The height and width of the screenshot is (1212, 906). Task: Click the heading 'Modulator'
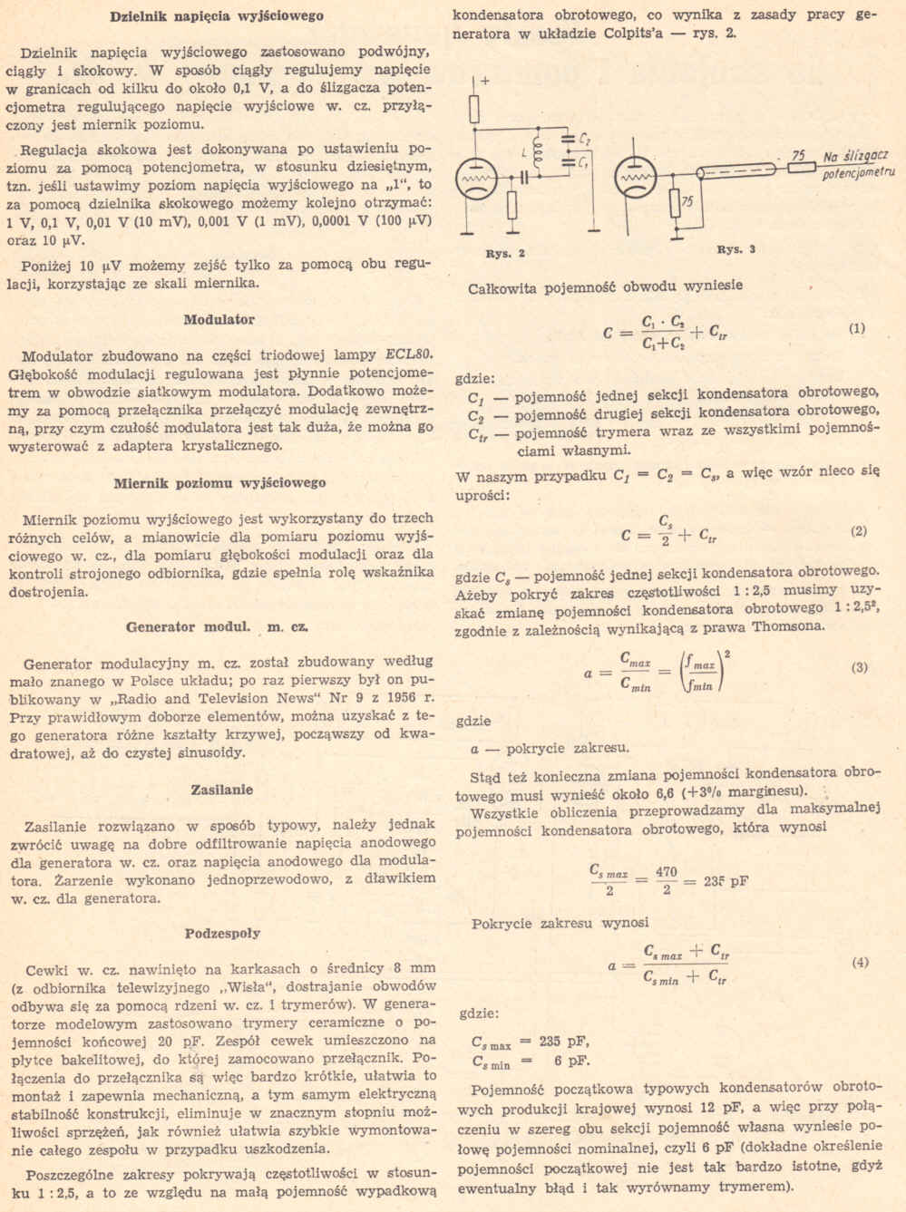[219, 319]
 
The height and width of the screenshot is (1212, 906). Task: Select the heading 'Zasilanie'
[221, 789]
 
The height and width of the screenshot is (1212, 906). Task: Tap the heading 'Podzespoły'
[222, 933]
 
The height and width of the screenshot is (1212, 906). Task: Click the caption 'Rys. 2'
[506, 253]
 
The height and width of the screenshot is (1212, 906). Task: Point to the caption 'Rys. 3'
[736, 249]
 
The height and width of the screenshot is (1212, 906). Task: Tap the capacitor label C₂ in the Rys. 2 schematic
[585, 141]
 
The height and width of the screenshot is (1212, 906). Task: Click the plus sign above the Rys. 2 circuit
[484, 81]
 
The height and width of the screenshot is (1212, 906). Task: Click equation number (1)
[857, 328]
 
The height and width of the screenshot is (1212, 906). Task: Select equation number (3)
[859, 667]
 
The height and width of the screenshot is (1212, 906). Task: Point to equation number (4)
[860, 962]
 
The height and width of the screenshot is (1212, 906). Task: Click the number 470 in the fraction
[667, 872]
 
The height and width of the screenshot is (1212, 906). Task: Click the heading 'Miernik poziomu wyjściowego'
[220, 482]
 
